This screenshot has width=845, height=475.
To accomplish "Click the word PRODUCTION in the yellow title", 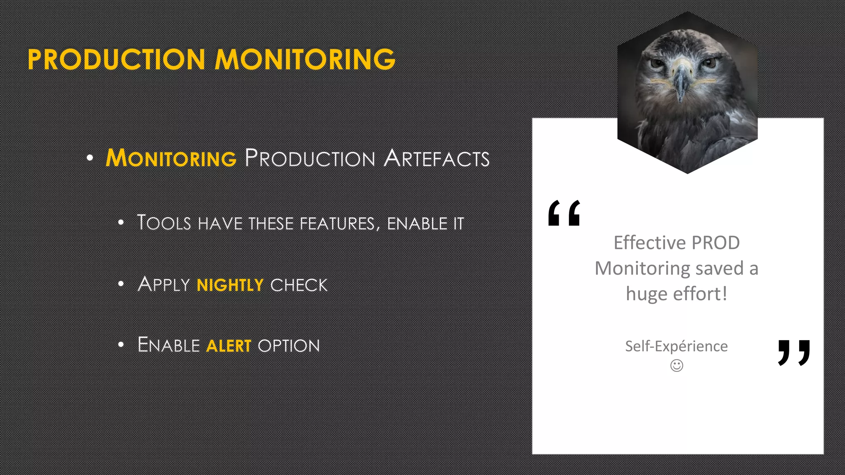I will [116, 59].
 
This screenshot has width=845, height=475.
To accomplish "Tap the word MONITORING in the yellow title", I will [305, 59].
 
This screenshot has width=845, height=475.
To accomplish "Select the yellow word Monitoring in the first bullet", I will [171, 158].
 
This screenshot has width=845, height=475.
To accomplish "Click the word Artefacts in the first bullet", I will [437, 158].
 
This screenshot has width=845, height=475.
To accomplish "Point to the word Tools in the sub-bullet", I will [164, 223].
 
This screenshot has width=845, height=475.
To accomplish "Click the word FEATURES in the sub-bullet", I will [338, 223].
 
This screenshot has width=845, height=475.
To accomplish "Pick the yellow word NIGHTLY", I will [230, 285].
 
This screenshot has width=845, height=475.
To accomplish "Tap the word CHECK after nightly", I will [299, 285].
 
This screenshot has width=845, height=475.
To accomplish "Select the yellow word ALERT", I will [228, 346].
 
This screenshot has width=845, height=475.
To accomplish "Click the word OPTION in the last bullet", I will [289, 346].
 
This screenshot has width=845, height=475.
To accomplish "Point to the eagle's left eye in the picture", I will [656, 63].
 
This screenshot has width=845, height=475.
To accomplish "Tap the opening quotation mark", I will [564, 213].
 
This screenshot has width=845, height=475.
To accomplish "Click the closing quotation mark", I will [794, 353].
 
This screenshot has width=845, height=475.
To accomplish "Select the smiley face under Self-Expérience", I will [677, 365].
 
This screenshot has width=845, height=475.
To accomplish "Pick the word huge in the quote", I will [646, 294].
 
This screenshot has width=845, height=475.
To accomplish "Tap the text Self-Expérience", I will [676, 346].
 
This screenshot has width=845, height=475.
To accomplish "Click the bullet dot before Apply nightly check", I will [121, 284].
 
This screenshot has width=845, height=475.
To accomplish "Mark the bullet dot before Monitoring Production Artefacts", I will [90, 158].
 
